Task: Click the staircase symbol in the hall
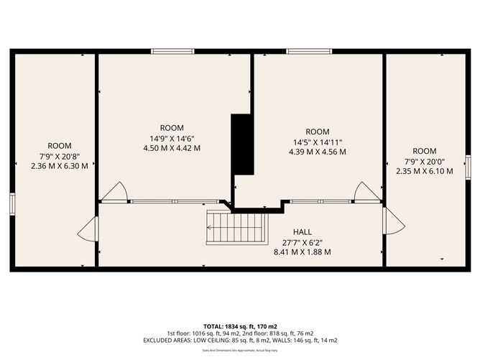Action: (x=237, y=227)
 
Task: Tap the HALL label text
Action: (x=302, y=232)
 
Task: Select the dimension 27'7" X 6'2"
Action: (x=302, y=242)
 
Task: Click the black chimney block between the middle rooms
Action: (x=242, y=144)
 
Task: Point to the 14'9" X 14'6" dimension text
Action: (x=172, y=138)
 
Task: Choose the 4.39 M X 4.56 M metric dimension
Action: (x=317, y=152)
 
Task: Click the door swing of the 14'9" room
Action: (x=115, y=192)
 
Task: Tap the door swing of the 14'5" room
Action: (x=366, y=192)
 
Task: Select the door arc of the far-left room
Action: (x=87, y=230)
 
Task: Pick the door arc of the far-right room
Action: (x=394, y=221)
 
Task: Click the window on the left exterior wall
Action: (x=12, y=203)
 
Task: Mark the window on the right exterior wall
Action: (x=468, y=167)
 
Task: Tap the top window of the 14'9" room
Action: (x=172, y=51)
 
